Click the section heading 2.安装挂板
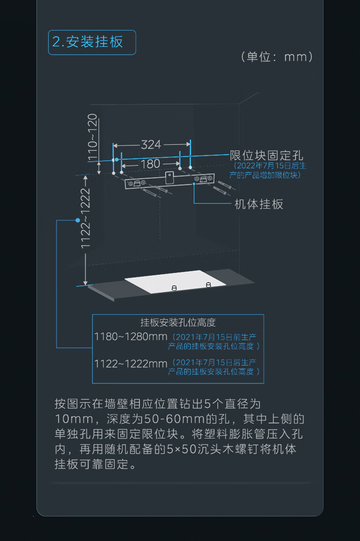coord(92,42)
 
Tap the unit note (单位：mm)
coord(277,57)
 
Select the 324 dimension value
coord(151,144)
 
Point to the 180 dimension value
coord(150,163)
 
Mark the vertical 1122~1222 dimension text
coord(85,219)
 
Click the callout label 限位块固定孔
coord(266,155)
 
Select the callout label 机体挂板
coord(258,204)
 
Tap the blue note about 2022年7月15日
coord(267,170)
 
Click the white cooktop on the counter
coord(175,281)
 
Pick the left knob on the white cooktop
coord(174,287)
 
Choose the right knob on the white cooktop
coord(208,285)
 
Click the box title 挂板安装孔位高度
coord(178,322)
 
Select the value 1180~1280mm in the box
coord(130,337)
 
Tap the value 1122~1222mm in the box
coord(130,363)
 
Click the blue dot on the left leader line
coord(77,220)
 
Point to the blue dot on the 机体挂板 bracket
coord(194,184)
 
